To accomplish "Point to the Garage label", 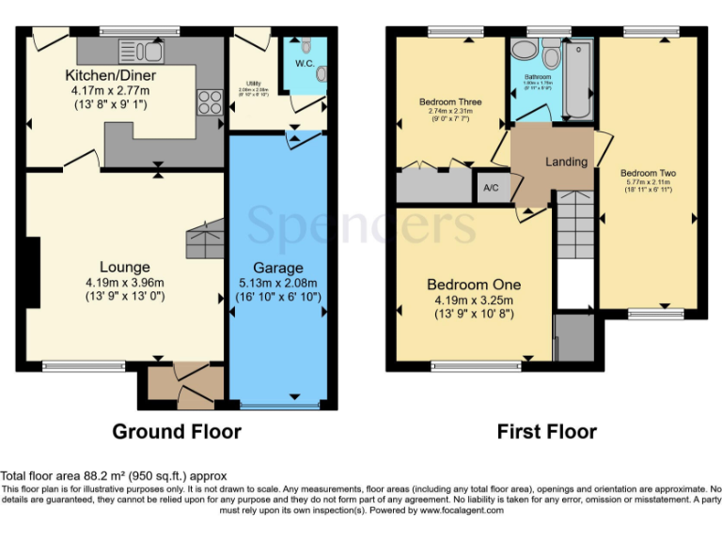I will [277, 267].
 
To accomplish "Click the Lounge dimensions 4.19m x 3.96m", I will [125, 283].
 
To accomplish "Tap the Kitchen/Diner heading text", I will [110, 75].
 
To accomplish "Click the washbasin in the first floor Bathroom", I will [524, 50].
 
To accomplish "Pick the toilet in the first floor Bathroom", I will [551, 57].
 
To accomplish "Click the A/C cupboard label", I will [490, 188].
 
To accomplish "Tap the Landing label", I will [566, 162].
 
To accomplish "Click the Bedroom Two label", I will [648, 174].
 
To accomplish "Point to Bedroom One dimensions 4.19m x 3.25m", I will [474, 300].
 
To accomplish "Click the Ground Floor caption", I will [177, 432].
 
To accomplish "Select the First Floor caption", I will [546, 432].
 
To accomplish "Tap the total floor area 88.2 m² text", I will [113, 476].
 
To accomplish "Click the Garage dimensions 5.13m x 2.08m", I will [277, 283].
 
